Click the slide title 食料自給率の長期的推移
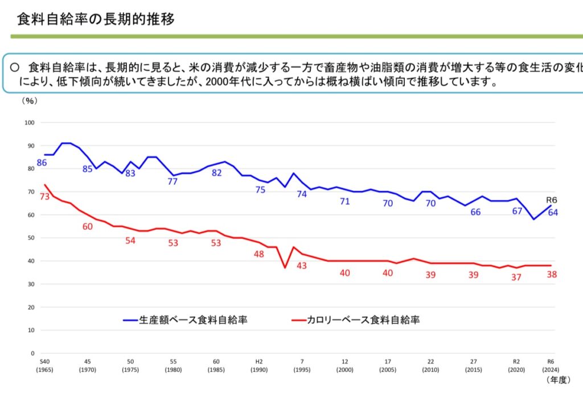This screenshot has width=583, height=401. (x=96, y=19)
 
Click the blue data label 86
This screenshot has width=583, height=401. (x=42, y=163)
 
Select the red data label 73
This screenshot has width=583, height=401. (x=45, y=196)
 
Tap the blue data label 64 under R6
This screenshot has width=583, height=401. (x=552, y=213)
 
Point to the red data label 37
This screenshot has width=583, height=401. (x=517, y=277)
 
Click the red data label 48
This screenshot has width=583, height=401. (x=258, y=254)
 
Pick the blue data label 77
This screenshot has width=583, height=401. (x=173, y=181)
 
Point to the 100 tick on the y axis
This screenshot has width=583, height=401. (x=30, y=123)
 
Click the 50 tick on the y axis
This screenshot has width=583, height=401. (x=31, y=238)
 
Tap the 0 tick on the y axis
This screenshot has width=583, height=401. (x=32, y=353)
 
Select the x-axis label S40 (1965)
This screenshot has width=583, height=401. (x=44, y=365)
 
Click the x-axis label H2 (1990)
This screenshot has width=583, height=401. (x=258, y=365)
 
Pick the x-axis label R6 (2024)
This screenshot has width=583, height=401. (x=551, y=365)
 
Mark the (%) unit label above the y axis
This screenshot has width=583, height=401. (x=29, y=101)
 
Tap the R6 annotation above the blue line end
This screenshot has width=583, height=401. (x=552, y=200)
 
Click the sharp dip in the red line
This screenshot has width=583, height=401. (x=285, y=267)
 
